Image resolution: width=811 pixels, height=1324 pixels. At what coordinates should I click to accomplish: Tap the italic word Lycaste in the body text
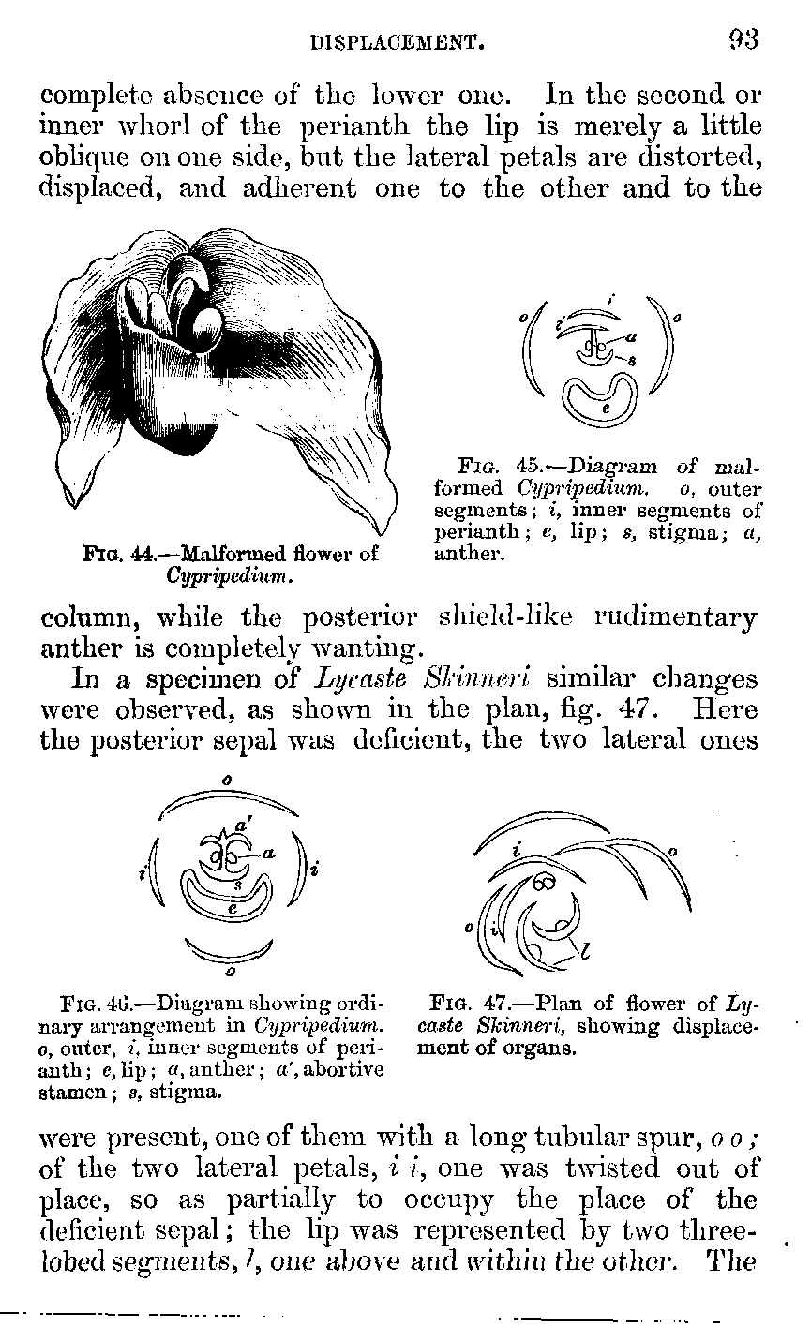(x=341, y=677)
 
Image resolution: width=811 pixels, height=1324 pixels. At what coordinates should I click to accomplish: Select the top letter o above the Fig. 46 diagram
(x=227, y=780)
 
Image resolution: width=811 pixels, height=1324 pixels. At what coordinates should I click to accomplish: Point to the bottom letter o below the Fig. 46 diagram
(x=229, y=959)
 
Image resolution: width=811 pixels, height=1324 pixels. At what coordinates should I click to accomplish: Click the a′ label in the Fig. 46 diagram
(x=240, y=826)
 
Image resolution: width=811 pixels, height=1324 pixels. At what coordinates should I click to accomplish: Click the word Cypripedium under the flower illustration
(x=229, y=573)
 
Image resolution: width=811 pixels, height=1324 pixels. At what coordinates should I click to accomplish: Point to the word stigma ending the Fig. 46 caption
(x=198, y=1091)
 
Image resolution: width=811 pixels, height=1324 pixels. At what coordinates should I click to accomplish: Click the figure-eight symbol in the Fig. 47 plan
(x=544, y=883)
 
